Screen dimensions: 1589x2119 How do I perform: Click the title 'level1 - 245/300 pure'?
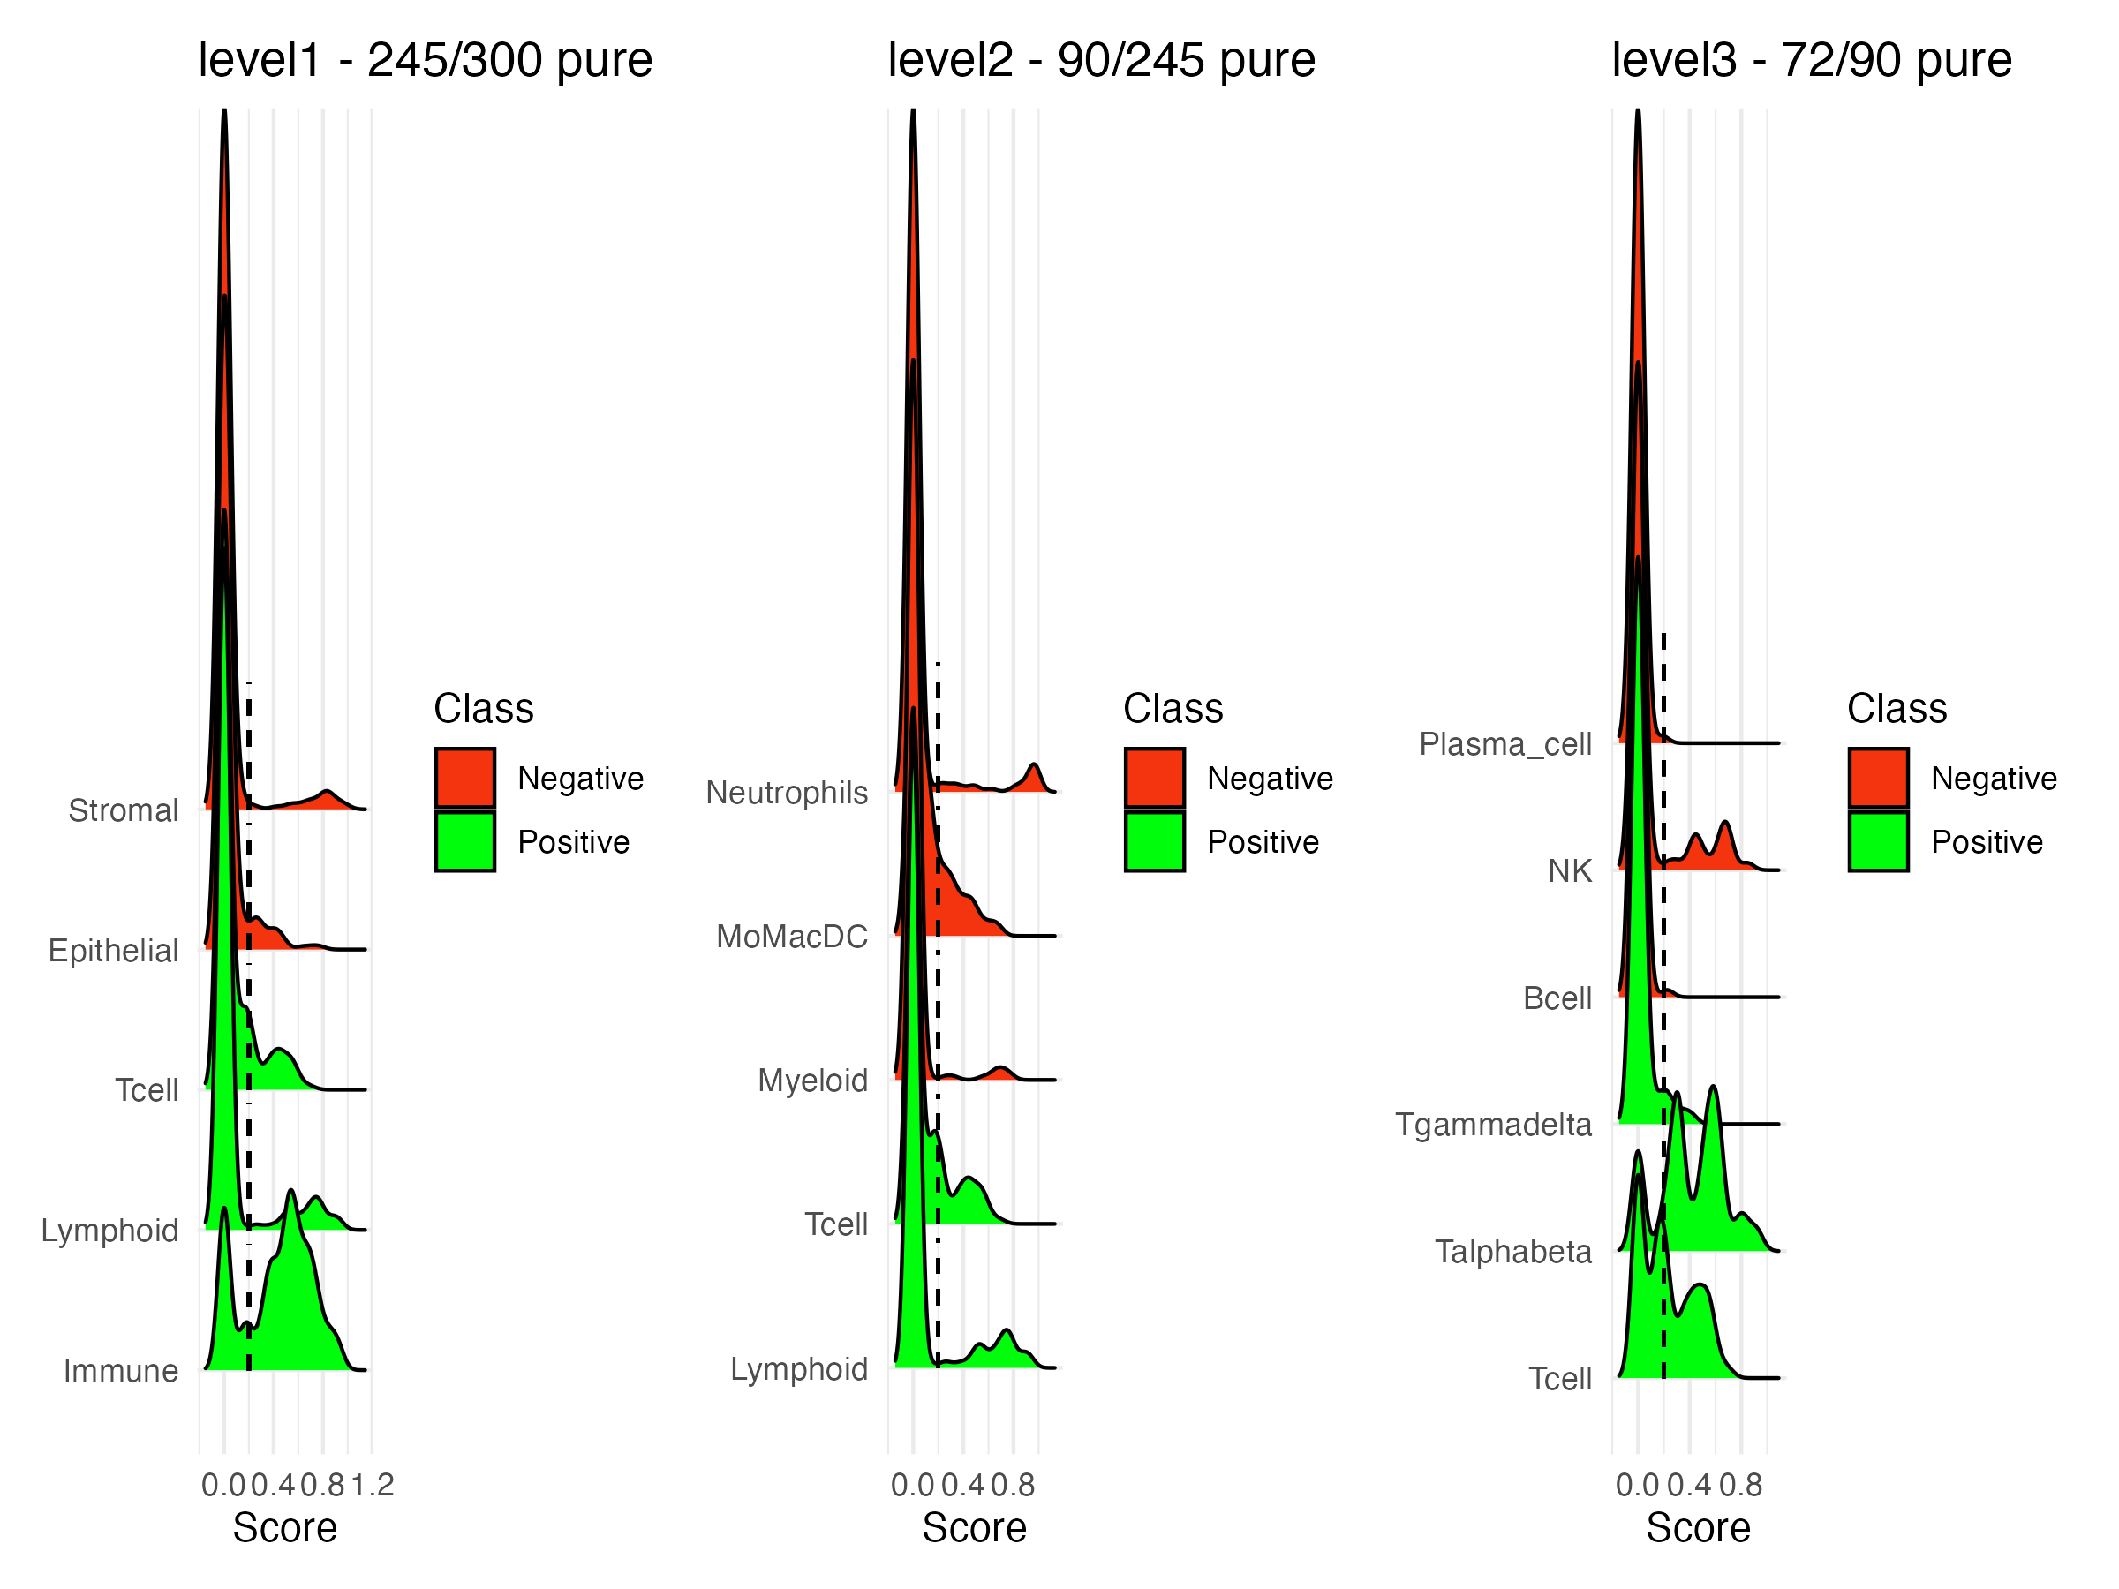coord(426,60)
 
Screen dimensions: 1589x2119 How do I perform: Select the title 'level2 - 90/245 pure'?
coord(1102,60)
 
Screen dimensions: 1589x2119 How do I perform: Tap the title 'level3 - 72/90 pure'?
coord(1812,60)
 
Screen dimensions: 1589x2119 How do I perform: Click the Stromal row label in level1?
coord(124,810)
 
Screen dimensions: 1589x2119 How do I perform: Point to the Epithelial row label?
coord(113,950)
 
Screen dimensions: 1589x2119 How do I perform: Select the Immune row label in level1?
coord(121,1371)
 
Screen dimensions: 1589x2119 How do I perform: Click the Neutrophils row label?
coord(787,792)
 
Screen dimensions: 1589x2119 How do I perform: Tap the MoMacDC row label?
coord(792,936)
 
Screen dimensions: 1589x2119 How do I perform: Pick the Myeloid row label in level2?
coord(812,1081)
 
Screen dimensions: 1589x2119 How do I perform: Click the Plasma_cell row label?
coord(1505,743)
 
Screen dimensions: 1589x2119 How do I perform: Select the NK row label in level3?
coord(1569,870)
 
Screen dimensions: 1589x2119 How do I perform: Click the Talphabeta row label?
coord(1512,1251)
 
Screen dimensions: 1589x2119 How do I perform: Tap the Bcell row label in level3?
coord(1557,998)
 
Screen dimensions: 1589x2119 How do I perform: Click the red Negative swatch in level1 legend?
coord(464,778)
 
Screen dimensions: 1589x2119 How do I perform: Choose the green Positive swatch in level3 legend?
coord(1878,842)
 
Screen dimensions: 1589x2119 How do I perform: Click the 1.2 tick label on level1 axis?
coord(373,1485)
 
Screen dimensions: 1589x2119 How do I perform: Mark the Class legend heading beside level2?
coord(1173,709)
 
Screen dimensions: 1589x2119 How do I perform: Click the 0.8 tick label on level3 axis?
coord(1740,1485)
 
